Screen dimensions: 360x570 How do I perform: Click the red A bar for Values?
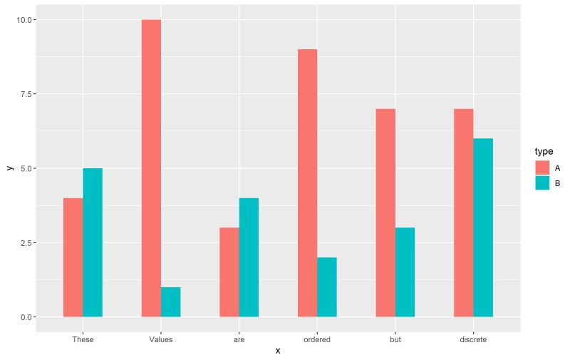pyautogui.click(x=151, y=168)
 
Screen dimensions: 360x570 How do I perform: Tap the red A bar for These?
pyautogui.click(x=73, y=257)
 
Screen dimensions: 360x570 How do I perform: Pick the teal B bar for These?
pyautogui.click(x=93, y=242)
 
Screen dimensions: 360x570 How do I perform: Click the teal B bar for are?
pyautogui.click(x=249, y=257)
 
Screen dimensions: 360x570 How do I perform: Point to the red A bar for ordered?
pyautogui.click(x=307, y=183)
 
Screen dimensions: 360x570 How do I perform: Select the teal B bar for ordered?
pyautogui.click(x=327, y=287)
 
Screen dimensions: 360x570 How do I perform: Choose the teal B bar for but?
pyautogui.click(x=405, y=272)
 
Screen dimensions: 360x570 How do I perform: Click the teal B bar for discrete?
pyautogui.click(x=483, y=227)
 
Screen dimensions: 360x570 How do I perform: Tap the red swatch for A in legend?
pyautogui.click(x=542, y=168)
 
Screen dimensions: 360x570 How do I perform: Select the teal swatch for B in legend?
pyautogui.click(x=542, y=182)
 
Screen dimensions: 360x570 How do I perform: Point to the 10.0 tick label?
pyautogui.click(x=24, y=20)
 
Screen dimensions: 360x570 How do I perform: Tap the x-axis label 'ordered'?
pyautogui.click(x=317, y=340)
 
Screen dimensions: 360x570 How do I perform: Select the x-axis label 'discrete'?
pyautogui.click(x=473, y=340)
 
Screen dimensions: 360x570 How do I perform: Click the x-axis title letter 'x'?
pyautogui.click(x=278, y=351)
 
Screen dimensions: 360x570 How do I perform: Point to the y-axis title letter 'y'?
pyautogui.click(x=9, y=168)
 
